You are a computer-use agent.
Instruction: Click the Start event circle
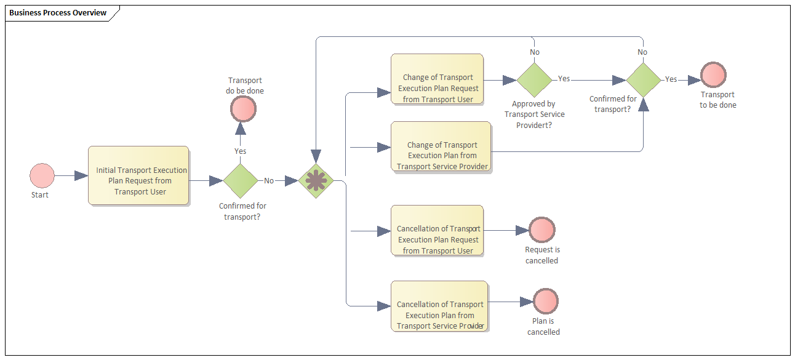(42, 175)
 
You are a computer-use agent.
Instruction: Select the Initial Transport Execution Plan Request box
(138, 175)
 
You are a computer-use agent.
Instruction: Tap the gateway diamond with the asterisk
(316, 181)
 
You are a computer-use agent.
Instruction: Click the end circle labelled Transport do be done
(243, 110)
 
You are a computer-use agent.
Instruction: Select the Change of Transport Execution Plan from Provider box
(441, 146)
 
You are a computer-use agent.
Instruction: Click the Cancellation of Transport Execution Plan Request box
(437, 231)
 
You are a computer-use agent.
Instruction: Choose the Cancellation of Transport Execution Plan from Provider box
(439, 306)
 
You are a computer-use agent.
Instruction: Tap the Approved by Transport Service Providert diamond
(534, 79)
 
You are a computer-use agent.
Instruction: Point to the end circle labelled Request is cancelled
(542, 230)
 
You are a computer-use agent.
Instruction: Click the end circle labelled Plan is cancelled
(546, 302)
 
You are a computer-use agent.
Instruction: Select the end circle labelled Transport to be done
(713, 75)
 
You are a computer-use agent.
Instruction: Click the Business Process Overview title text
(58, 13)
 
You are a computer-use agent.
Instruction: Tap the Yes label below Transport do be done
(241, 151)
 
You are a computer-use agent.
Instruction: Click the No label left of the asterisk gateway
(269, 181)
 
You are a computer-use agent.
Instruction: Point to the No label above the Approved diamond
(535, 52)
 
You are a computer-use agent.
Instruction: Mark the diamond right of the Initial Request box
(240, 181)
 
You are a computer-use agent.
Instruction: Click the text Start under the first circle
(40, 195)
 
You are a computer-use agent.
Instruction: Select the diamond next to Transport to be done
(643, 79)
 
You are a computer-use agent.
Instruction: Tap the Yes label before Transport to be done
(671, 79)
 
